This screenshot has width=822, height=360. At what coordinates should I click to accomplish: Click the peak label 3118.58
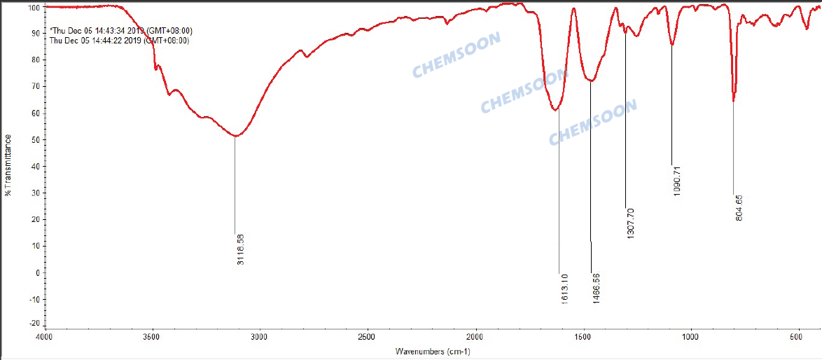click(241, 253)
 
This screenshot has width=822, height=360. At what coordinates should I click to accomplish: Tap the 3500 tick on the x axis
click(151, 337)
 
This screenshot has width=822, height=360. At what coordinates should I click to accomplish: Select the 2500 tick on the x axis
click(368, 337)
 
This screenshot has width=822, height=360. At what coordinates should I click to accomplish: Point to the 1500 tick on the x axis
click(583, 337)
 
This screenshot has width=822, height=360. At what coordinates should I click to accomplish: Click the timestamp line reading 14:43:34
click(121, 31)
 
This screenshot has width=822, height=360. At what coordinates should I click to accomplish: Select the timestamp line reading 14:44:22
click(120, 40)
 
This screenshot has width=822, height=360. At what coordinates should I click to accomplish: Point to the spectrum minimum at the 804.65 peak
click(733, 101)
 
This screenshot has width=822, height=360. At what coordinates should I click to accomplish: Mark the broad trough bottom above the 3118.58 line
click(235, 136)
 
